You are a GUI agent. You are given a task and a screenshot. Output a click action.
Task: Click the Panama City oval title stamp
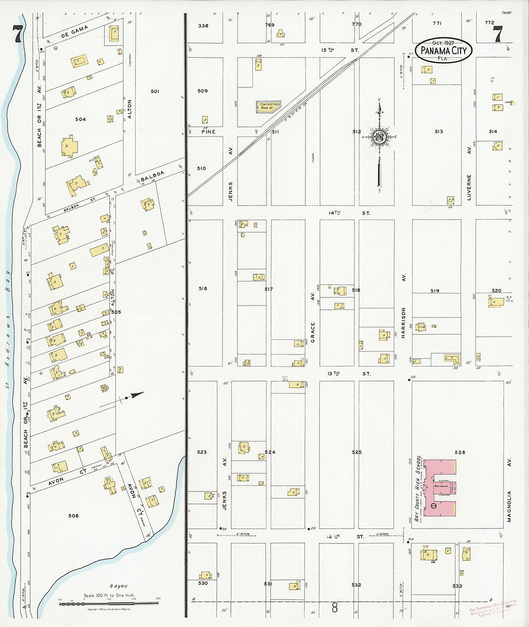point(443,50)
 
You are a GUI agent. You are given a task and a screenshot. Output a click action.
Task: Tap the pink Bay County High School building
point(439,488)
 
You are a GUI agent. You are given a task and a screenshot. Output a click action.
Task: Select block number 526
point(460,452)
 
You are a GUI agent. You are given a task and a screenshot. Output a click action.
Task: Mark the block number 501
point(155,91)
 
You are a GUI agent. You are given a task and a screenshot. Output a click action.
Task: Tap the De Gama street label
point(75,32)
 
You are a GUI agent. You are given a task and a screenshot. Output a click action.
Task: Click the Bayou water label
point(118,586)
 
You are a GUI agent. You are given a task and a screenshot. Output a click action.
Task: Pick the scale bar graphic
point(109,603)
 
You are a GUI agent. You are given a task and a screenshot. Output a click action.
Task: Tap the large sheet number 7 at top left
point(18,35)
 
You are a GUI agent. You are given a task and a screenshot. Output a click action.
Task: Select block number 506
point(73,516)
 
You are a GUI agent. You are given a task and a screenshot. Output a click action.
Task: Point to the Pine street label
point(208,132)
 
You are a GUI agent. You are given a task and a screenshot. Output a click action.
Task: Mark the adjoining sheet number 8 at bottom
point(335,608)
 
